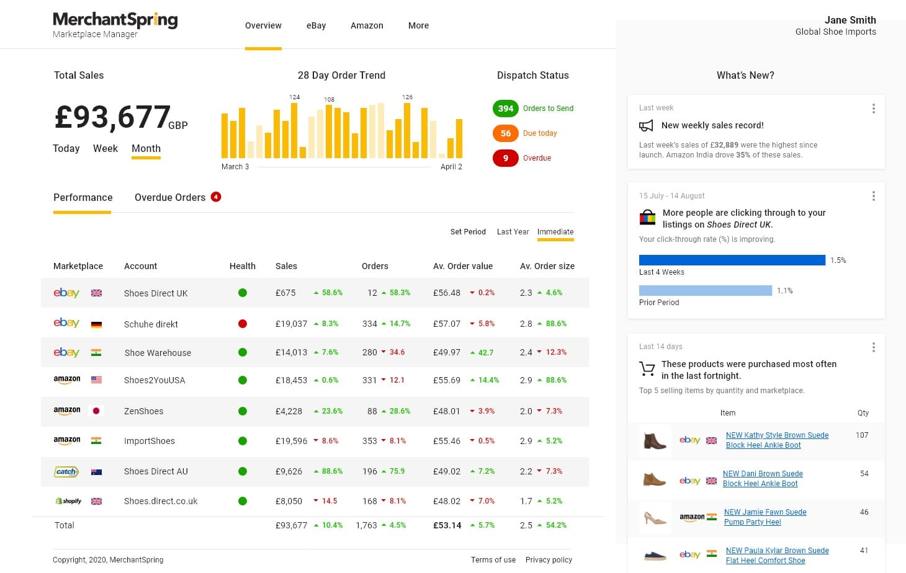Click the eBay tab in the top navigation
(316, 25)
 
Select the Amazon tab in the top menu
(367, 25)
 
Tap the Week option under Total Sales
(105, 149)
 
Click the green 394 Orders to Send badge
(506, 109)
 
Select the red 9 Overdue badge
(506, 158)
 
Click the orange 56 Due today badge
(506, 133)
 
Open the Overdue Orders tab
(170, 198)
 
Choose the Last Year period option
(513, 232)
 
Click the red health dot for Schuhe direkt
(243, 324)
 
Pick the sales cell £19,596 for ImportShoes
(291, 441)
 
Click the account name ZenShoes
(143, 411)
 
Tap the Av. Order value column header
(463, 266)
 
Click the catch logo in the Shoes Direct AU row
(66, 471)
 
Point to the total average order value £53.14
(447, 525)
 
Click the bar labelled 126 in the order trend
(407, 130)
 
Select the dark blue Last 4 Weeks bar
(732, 260)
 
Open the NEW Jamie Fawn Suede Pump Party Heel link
(765, 517)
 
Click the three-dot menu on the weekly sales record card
(874, 109)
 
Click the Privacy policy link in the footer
(549, 560)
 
